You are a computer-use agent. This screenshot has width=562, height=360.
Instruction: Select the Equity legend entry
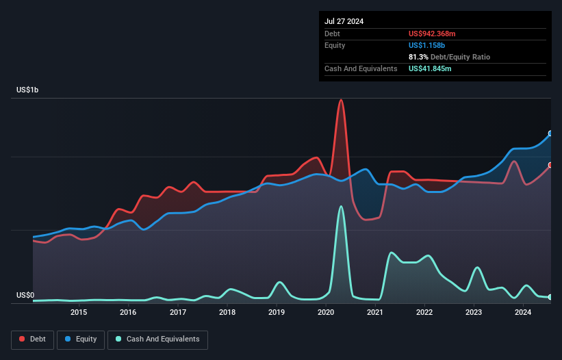81,339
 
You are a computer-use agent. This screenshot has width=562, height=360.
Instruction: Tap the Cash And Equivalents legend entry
157,339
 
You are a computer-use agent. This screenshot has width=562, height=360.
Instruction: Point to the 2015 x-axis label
79,313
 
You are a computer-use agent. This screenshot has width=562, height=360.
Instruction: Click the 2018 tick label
227,313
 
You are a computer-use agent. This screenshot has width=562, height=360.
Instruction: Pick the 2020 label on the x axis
326,313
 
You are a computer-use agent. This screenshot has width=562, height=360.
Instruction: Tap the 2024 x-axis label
523,313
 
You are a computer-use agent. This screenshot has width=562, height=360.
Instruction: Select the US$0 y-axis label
25,296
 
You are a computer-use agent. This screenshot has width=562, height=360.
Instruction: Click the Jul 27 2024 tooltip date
344,21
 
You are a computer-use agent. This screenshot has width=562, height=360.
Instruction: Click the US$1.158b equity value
428,45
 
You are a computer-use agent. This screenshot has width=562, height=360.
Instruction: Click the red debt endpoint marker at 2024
550,165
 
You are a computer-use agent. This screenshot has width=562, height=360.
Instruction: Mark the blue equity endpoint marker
550,133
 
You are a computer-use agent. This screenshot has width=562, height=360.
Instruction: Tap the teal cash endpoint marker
550,297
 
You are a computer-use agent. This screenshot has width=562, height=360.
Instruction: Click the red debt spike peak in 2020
341,100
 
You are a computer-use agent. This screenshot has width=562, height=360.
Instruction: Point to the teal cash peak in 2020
341,207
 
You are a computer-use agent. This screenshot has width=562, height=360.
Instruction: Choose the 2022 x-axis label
424,313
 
